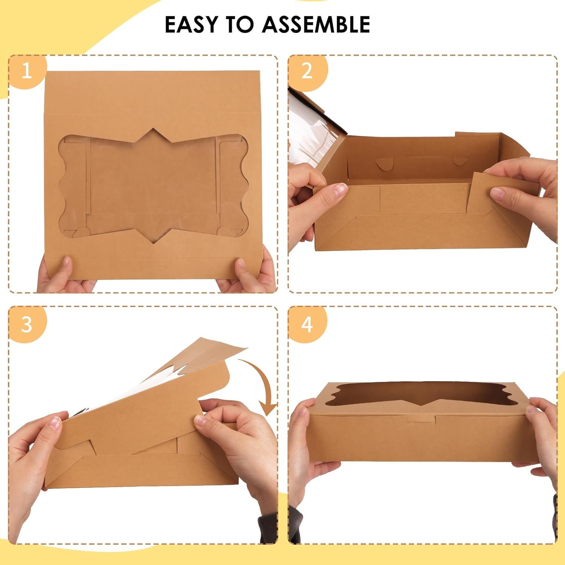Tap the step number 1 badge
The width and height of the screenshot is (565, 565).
tap(26, 71)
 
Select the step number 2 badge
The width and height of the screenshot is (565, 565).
tap(307, 71)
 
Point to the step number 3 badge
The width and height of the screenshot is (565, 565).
tap(26, 324)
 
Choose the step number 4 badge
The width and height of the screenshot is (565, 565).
tap(307, 324)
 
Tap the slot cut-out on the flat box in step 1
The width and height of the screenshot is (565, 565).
tap(153, 268)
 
